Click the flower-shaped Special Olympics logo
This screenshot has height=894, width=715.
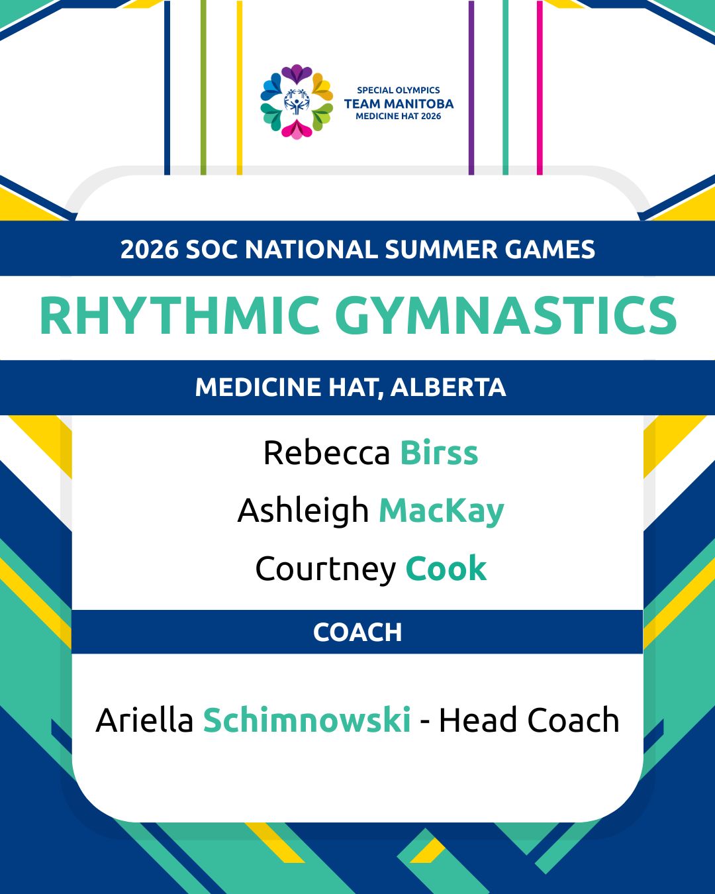tap(297, 102)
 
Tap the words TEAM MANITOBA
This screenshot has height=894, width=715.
tap(399, 104)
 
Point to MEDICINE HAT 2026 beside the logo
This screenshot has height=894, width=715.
tap(399, 117)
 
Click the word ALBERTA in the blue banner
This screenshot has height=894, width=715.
tap(448, 387)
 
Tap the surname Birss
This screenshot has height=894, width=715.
tap(439, 452)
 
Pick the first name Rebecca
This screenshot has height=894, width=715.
tap(327, 452)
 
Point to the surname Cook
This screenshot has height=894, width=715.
tap(446, 568)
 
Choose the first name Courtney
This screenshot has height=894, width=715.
tap(326, 569)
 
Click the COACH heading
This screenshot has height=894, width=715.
tap(358, 632)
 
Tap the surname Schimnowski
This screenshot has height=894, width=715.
tap(307, 720)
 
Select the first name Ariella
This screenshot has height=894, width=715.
tap(144, 720)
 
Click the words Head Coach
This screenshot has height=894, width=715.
tap(529, 720)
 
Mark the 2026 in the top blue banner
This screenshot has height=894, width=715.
tap(149, 249)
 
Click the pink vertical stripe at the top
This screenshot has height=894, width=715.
tap(540, 87)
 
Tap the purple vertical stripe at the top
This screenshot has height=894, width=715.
tap(471, 87)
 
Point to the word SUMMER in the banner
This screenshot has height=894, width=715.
tap(441, 249)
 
